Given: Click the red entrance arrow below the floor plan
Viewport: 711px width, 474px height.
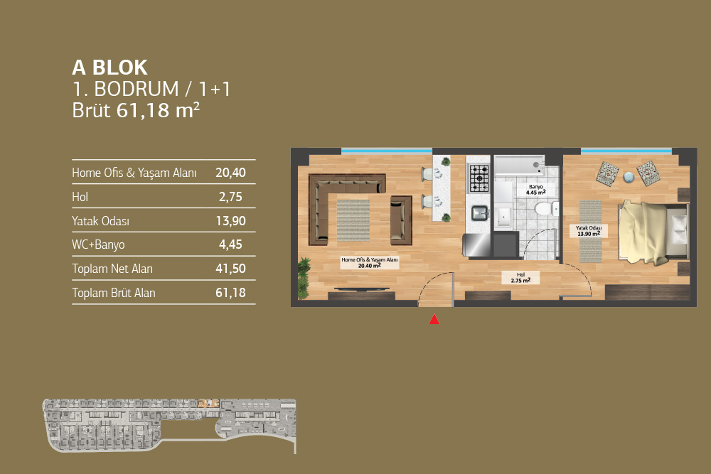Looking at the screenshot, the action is pyautogui.click(x=434, y=320).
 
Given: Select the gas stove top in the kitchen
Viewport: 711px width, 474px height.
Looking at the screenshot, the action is pyautogui.click(x=479, y=178).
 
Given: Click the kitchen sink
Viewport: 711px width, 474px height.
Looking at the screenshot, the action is pyautogui.click(x=479, y=212).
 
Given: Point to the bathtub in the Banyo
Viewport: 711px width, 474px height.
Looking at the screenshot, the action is pyautogui.click(x=520, y=166).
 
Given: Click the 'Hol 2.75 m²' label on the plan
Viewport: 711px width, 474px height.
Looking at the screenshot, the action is pyautogui.click(x=520, y=278).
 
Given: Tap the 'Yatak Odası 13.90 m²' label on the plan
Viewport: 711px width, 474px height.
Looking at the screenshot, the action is pyautogui.click(x=589, y=231).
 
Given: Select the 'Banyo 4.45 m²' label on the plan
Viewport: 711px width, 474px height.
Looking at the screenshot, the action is pyautogui.click(x=536, y=190).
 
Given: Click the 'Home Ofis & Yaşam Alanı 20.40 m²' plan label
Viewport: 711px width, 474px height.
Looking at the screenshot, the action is pyautogui.click(x=370, y=263).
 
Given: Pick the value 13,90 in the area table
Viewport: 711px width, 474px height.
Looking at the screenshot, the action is pyautogui.click(x=231, y=221).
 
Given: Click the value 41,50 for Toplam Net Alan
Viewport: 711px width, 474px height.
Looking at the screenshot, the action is pyautogui.click(x=231, y=269).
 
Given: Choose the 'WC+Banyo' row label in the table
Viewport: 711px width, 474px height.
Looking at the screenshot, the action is pyautogui.click(x=98, y=244).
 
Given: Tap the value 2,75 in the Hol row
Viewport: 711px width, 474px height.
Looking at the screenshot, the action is pyautogui.click(x=231, y=197).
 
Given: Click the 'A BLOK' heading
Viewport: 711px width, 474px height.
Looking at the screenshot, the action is pyautogui.click(x=109, y=68).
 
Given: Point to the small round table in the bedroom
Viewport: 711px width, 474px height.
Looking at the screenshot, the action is pyautogui.click(x=629, y=177).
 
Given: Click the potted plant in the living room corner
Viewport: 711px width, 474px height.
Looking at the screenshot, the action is pyautogui.click(x=304, y=277).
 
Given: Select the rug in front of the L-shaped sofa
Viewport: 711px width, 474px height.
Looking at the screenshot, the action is pyautogui.click(x=353, y=220).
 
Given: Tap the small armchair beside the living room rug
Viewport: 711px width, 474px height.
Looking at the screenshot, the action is pyautogui.click(x=401, y=220).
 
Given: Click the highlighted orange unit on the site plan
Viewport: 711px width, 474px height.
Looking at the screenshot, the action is pyautogui.click(x=208, y=404).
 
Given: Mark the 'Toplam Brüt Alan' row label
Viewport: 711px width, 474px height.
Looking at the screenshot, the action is pyautogui.click(x=114, y=293).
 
